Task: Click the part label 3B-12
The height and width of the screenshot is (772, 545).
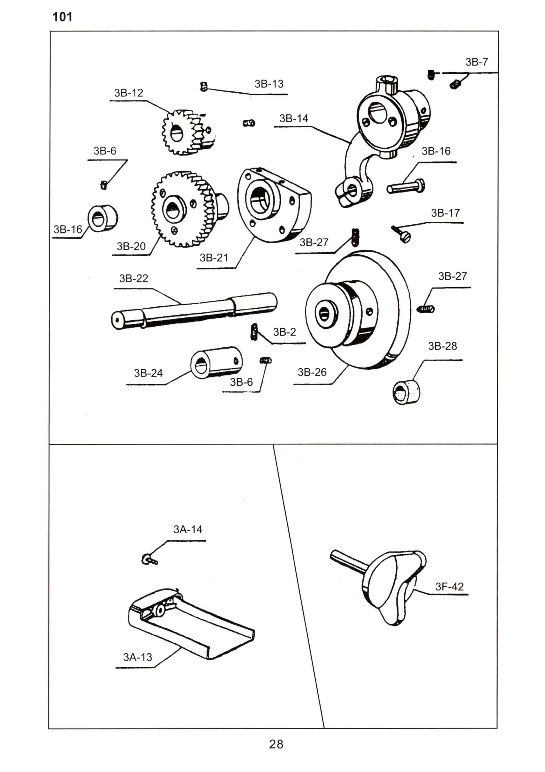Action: coord(129,93)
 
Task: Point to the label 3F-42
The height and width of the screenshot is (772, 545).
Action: coord(449,587)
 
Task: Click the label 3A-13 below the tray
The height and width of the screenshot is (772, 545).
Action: coord(138,657)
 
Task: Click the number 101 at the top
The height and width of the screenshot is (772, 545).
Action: coord(62,17)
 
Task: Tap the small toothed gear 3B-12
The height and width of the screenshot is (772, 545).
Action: coord(188,132)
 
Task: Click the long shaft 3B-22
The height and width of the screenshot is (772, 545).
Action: coord(194,310)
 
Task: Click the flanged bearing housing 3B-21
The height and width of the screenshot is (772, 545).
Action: coord(274,205)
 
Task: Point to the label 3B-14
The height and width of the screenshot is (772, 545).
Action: coord(294,119)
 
